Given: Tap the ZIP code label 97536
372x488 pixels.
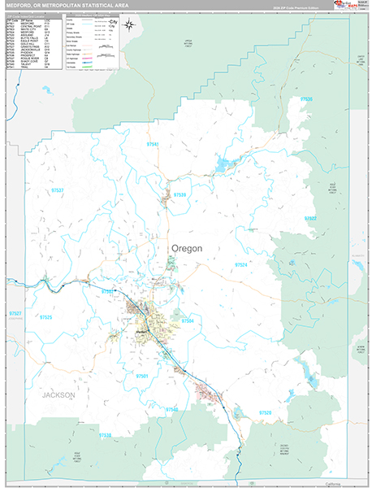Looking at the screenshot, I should click(x=306, y=99).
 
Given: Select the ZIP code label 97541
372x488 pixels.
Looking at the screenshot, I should click(x=151, y=144).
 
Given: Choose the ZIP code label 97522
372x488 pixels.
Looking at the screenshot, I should click(x=310, y=219).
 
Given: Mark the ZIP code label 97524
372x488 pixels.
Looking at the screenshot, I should click(x=241, y=265).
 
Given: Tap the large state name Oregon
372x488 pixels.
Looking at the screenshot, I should click(x=188, y=247).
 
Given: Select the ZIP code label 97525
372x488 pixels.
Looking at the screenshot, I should click(x=45, y=317).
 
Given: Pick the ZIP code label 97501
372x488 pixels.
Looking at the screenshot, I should click(x=143, y=377).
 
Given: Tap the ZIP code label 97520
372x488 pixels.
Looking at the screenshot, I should click(x=266, y=413).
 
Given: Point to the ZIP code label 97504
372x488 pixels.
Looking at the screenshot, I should click(x=188, y=322).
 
